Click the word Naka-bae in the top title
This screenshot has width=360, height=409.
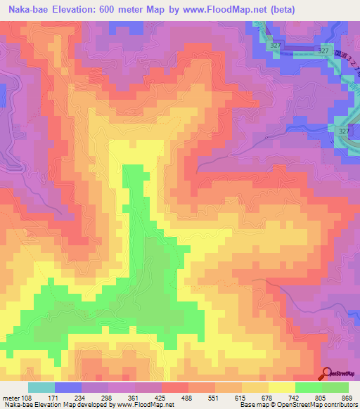27,9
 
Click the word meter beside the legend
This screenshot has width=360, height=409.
10,398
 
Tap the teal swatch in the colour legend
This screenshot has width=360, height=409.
41,387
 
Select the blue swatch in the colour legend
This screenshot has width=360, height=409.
68,387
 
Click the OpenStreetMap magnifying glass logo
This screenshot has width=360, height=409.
328,374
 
